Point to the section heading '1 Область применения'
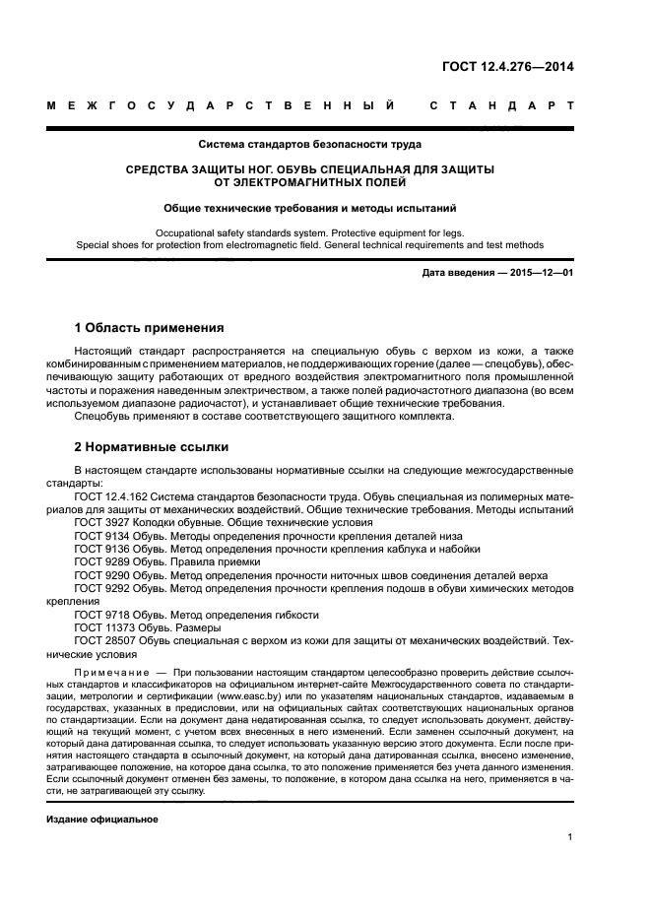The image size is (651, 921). click(x=149, y=327)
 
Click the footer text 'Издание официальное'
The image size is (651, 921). click(x=102, y=820)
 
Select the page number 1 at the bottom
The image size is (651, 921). click(x=570, y=837)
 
